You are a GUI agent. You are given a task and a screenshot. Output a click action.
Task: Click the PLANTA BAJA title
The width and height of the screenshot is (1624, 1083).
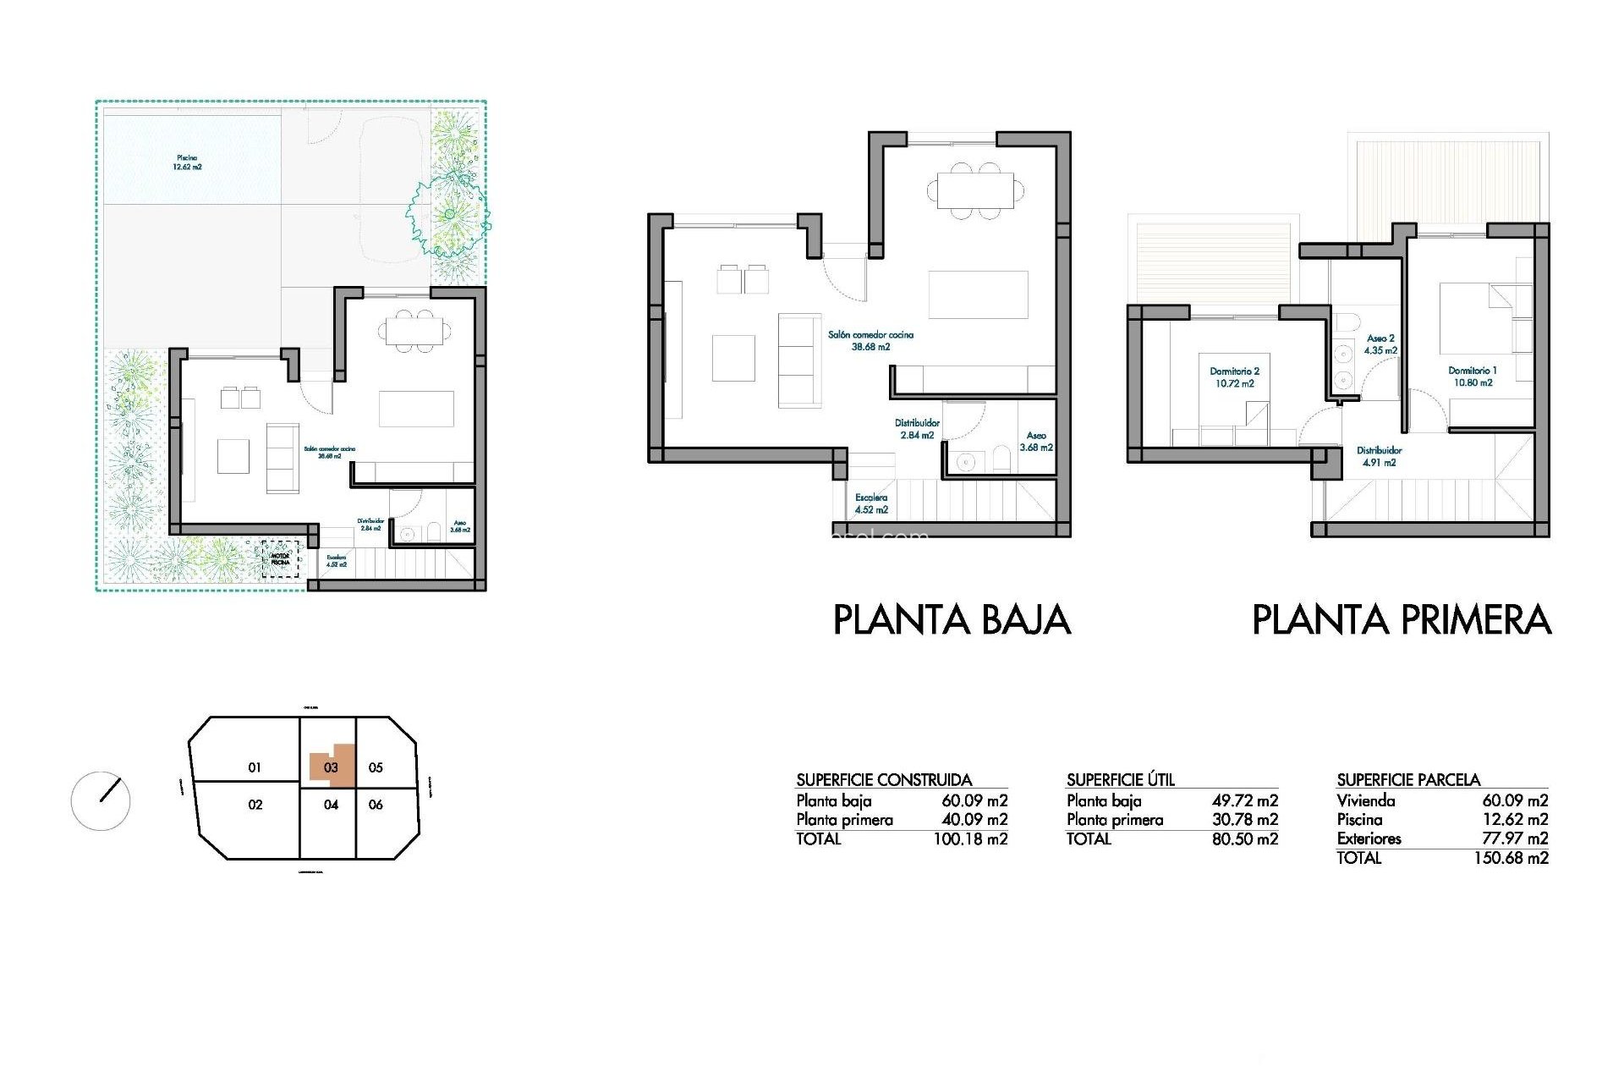pyautogui.click(x=952, y=619)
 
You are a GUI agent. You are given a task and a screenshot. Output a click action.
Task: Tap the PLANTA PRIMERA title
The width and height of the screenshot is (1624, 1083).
pyautogui.click(x=1401, y=619)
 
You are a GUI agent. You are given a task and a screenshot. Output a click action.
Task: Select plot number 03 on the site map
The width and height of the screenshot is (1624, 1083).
pyautogui.click(x=331, y=767)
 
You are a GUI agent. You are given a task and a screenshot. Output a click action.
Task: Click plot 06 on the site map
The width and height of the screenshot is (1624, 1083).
pyautogui.click(x=376, y=805)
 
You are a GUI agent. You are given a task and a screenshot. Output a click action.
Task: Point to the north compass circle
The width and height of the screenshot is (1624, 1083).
pyautogui.click(x=101, y=800)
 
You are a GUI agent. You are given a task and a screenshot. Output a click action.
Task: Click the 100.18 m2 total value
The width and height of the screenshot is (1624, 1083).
pyautogui.click(x=970, y=839)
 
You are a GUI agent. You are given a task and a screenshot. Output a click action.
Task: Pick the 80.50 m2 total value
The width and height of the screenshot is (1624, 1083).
pyautogui.click(x=1244, y=839)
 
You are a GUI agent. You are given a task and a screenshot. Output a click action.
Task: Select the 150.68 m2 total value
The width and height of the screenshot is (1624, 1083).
pyautogui.click(x=1511, y=858)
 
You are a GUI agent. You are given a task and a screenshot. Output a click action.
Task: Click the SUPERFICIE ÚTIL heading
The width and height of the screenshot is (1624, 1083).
pyautogui.click(x=1120, y=779)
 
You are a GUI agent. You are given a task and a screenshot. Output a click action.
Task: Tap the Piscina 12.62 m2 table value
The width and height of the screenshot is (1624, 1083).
pyautogui.click(x=1515, y=819)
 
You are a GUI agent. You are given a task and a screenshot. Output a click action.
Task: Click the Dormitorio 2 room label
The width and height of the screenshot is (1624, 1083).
pyautogui.click(x=1234, y=377)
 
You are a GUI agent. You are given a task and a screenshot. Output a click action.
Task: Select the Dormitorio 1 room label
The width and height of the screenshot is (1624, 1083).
pyautogui.click(x=1473, y=377)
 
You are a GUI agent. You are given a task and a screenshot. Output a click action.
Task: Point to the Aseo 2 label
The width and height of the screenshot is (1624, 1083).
pyautogui.click(x=1380, y=344)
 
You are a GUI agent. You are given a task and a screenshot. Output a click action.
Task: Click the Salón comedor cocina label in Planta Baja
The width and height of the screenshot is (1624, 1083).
pyautogui.click(x=870, y=340)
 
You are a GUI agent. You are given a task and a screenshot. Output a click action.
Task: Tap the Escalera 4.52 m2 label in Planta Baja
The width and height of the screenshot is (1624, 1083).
pyautogui.click(x=871, y=503)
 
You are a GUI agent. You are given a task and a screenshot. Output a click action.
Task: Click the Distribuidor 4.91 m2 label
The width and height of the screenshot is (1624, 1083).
pyautogui.click(x=1379, y=456)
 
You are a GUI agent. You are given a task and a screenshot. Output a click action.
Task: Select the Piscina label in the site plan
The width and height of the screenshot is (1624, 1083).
pyautogui.click(x=187, y=162)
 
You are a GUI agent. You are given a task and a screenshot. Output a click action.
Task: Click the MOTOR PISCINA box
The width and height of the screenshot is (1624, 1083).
pyautogui.click(x=280, y=559)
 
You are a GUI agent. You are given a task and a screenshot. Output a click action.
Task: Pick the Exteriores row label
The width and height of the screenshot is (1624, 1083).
pyautogui.click(x=1369, y=838)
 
